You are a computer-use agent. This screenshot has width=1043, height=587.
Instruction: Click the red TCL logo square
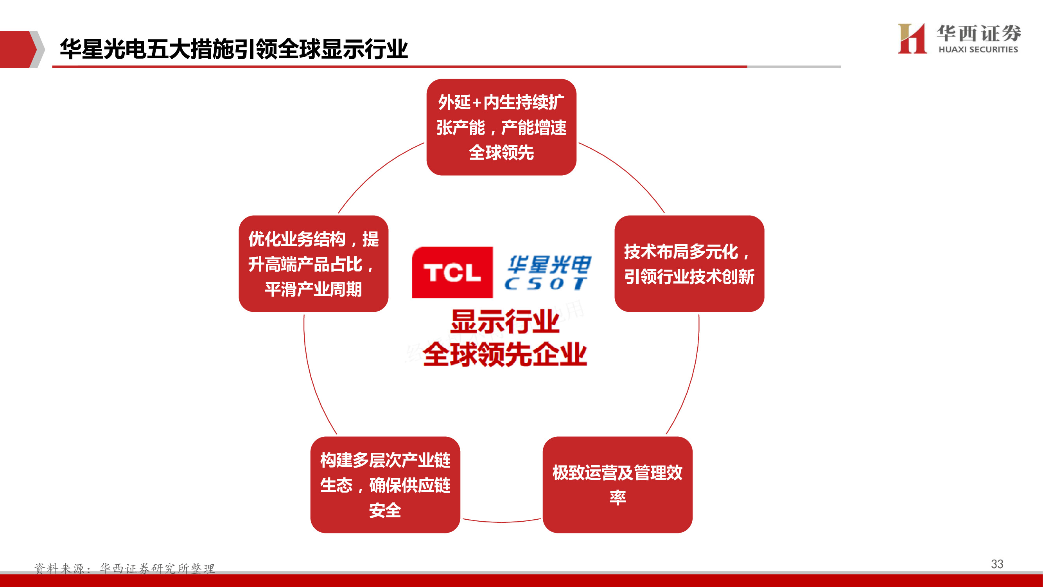pos(452,272)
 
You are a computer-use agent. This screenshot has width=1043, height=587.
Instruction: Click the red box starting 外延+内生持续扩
pos(501,127)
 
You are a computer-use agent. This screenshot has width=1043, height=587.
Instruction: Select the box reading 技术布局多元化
pos(689,264)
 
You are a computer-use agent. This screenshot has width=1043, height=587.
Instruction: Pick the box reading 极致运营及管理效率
pos(617,484)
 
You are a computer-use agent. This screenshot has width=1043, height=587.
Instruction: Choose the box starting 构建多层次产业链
pos(385,484)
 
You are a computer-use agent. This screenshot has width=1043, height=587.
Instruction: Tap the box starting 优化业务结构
pos(313,264)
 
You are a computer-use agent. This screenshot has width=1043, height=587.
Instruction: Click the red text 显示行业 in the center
pos(504,322)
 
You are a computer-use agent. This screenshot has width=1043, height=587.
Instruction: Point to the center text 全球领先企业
pos(504,355)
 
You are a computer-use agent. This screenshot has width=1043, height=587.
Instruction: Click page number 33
pos(997,564)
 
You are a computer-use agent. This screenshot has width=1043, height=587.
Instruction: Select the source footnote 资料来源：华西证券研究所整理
pos(124,568)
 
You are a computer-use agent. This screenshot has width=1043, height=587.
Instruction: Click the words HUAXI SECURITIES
pos(978,49)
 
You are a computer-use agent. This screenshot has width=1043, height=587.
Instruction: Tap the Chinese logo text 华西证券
pos(978,33)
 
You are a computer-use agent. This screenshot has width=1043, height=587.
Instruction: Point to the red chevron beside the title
pos(18,49)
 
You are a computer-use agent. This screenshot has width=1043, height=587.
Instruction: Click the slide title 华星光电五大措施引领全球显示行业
pos(233,49)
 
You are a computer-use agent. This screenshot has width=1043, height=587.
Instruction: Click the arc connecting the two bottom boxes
pos(501,522)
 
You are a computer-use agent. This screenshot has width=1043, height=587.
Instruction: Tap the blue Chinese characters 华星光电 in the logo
pos(549,265)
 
